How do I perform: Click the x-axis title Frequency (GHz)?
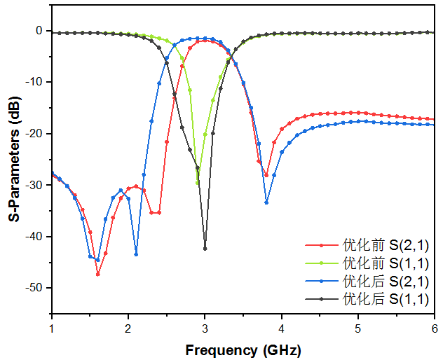(x=243, y=349)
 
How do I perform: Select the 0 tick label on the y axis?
(x=41, y=31)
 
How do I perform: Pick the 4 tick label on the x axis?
(x=281, y=328)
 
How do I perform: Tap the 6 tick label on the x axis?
(x=434, y=328)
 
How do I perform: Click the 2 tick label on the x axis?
(x=128, y=328)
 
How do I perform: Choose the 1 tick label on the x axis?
(x=52, y=328)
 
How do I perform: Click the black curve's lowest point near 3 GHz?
(x=205, y=249)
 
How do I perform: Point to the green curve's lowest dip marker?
(x=197, y=183)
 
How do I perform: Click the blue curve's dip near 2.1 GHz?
(x=136, y=254)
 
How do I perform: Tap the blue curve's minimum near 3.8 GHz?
(x=266, y=202)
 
